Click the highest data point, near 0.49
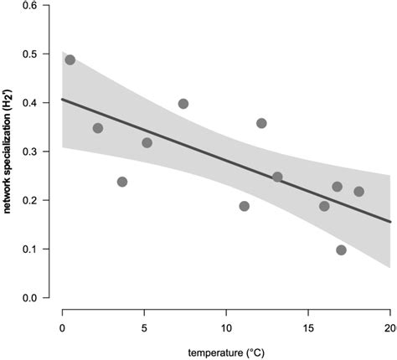(x=70, y=60)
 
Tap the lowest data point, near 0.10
(x=341, y=249)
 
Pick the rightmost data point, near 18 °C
(x=358, y=192)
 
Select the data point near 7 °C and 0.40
(x=183, y=104)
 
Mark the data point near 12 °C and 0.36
(x=261, y=123)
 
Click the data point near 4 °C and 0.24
(x=122, y=182)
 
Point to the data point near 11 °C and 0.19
(x=244, y=206)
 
